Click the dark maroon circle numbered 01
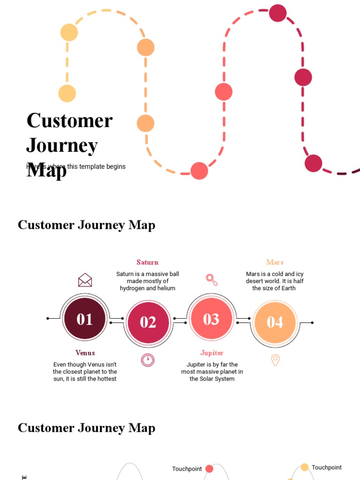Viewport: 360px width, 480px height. (x=85, y=319)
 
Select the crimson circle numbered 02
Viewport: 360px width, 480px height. (x=148, y=322)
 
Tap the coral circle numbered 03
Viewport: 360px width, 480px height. (x=211, y=319)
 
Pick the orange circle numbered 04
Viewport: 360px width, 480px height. (x=275, y=322)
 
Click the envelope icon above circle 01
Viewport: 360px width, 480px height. (x=85, y=280)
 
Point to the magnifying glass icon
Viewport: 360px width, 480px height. (x=212, y=280)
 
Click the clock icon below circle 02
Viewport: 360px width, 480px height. (x=148, y=360)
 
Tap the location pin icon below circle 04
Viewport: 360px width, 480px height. (x=275, y=360)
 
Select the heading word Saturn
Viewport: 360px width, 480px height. (x=148, y=262)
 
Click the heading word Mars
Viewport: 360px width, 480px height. (x=275, y=262)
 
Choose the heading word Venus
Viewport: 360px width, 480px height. (x=85, y=352)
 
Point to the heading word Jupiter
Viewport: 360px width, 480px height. (x=212, y=352)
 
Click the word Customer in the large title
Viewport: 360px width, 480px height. (x=69, y=120)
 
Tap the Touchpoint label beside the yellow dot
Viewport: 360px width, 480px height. (x=327, y=467)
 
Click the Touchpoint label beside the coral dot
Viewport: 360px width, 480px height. (x=187, y=469)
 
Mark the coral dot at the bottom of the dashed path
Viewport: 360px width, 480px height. (x=199, y=171)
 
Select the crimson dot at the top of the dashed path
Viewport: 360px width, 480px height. (x=277, y=13)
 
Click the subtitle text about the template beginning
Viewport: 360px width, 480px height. (x=76, y=166)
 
